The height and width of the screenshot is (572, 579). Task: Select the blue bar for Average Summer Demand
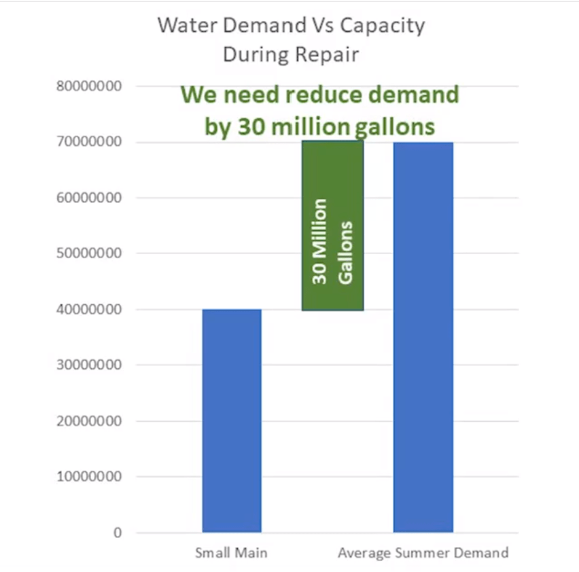423,337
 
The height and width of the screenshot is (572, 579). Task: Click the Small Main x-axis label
231,553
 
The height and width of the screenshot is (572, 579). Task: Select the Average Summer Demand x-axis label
423,553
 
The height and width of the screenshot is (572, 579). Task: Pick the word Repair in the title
329,55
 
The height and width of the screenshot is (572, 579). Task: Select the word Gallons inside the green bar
346,252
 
